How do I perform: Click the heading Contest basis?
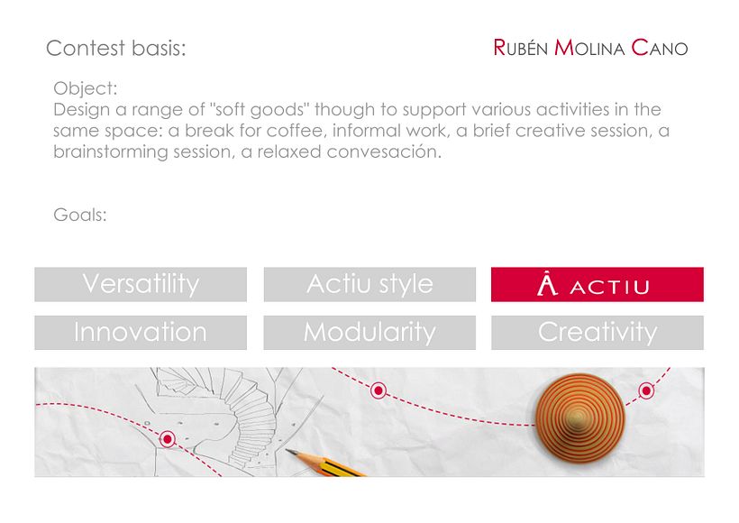click(116, 48)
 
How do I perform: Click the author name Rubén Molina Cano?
click(590, 48)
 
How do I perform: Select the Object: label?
click(86, 88)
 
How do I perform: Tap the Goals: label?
click(80, 215)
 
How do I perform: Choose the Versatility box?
click(141, 284)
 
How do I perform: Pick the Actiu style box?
click(370, 284)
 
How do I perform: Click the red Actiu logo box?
click(598, 284)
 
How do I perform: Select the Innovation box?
click(141, 333)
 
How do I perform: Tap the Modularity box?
click(370, 333)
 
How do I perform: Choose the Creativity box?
click(598, 333)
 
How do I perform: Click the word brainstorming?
click(111, 151)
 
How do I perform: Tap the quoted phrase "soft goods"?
click(259, 109)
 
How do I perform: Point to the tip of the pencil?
click(287, 450)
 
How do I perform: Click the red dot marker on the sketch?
click(167, 439)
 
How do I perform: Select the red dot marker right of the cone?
click(646, 390)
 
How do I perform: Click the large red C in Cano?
click(640, 48)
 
